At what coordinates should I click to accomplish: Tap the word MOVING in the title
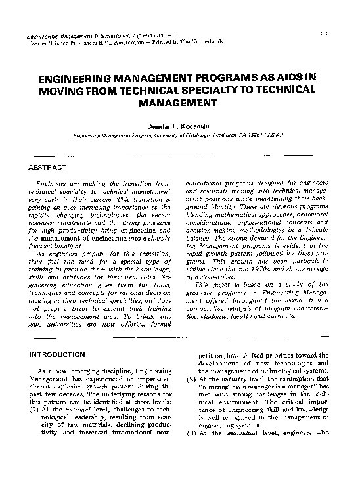pyautogui.click(x=63, y=90)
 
